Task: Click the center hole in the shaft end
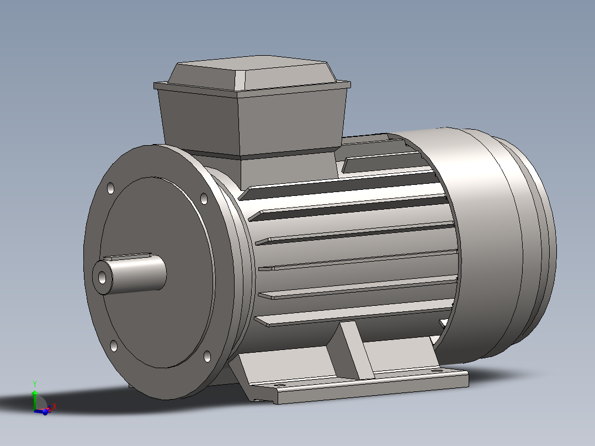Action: [103, 278]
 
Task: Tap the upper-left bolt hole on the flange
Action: [110, 188]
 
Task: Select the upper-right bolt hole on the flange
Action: [204, 198]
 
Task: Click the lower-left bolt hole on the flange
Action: [114, 346]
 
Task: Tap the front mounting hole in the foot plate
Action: [278, 386]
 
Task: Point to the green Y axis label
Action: [34, 383]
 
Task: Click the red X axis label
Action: [55, 406]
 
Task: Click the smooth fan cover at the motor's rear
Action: [486, 243]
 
